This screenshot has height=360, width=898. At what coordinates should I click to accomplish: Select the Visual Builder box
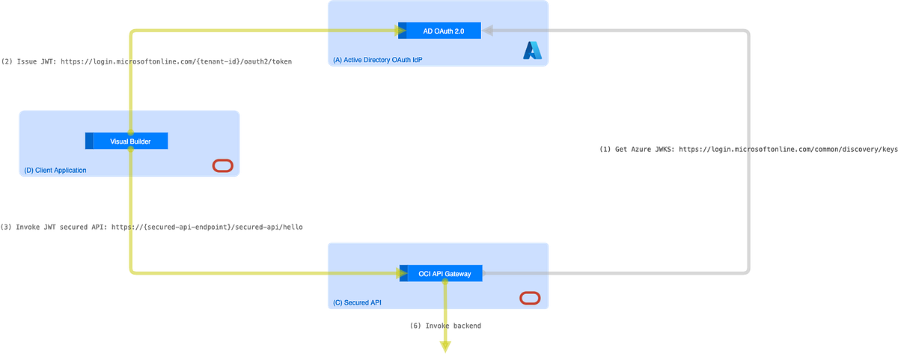(x=126, y=141)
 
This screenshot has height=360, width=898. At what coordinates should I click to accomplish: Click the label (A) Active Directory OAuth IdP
(x=372, y=60)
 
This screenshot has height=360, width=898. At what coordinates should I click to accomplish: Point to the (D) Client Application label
(x=55, y=170)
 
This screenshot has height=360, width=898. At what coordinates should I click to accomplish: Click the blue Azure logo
(x=531, y=50)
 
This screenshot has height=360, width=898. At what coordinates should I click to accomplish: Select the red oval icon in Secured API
(x=529, y=299)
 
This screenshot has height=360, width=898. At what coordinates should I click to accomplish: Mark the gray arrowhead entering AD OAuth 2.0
(x=487, y=31)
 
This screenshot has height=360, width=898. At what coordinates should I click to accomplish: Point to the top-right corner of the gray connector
(x=748, y=31)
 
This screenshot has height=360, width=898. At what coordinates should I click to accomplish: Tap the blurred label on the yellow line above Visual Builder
(x=147, y=62)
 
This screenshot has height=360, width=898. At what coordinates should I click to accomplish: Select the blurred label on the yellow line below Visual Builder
(x=152, y=226)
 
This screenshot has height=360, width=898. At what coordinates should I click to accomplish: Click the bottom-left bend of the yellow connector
(x=132, y=272)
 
